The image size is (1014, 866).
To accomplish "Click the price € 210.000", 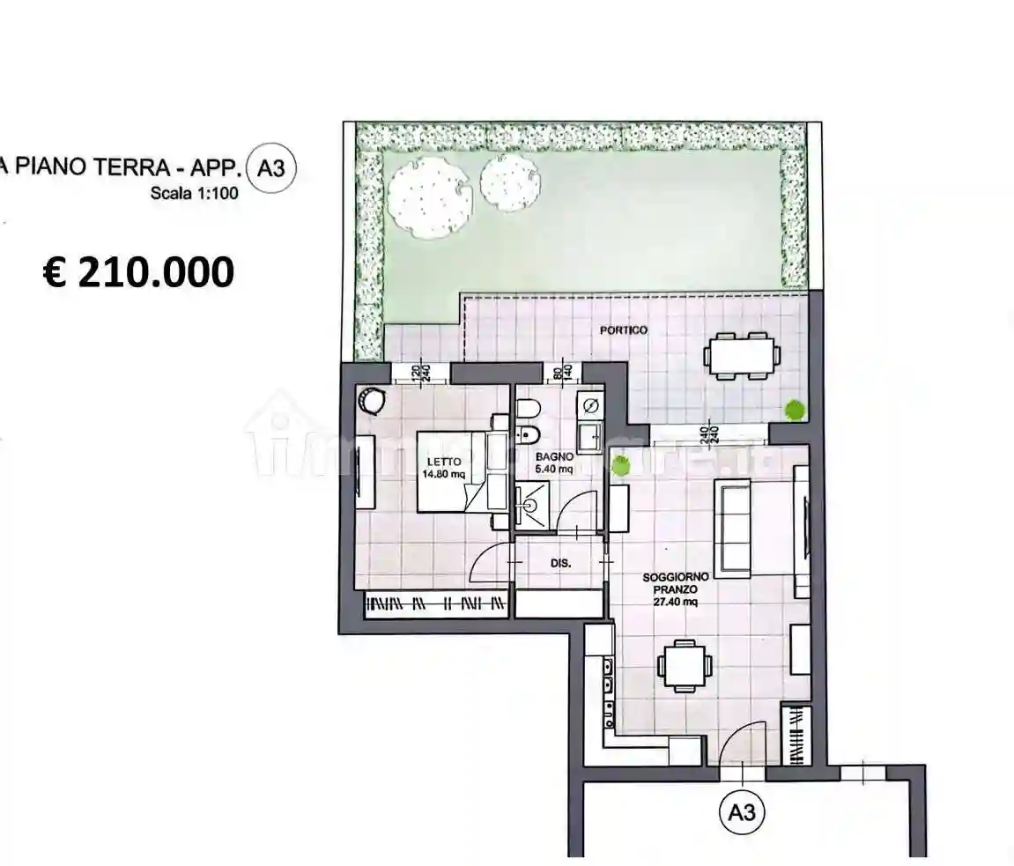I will coord(138,272).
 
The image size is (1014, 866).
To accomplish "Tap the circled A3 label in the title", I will coord(273,167).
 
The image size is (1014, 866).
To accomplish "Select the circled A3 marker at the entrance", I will coord(743,813).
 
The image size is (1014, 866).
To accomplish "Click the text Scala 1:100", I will coord(193,195).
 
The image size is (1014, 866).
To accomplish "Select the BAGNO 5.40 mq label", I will coord(555,463).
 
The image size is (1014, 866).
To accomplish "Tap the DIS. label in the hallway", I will coord(561,562).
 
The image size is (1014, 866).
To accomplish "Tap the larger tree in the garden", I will coord(426,198).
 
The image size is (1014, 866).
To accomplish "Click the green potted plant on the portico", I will coord(795,410).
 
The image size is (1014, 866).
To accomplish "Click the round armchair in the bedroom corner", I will coord(371,401).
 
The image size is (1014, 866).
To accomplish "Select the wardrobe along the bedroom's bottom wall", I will coord(437,604).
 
